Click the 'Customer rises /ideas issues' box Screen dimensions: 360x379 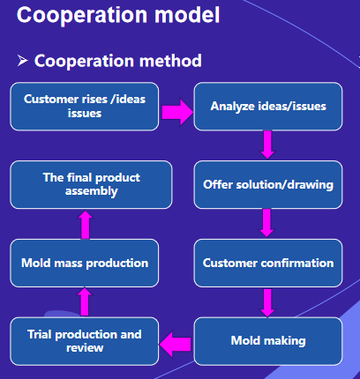85,107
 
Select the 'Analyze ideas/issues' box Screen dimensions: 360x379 268,107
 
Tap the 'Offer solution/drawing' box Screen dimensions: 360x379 268,184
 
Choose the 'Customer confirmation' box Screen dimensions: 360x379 268,263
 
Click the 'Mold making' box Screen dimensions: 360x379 268,341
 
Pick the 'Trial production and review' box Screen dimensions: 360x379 85,341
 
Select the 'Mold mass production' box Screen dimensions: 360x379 85,263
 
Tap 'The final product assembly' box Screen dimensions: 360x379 91,184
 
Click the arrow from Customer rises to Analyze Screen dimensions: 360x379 177,112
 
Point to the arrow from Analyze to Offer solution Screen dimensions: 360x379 267,145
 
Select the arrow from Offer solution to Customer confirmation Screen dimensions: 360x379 266,223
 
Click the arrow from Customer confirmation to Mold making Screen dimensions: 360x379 267,302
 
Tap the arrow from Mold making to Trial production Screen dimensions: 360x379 176,344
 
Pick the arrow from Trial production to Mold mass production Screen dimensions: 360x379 85,301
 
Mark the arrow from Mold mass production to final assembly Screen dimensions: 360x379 85,225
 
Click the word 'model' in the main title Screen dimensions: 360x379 187,15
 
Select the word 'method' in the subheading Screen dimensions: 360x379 170,61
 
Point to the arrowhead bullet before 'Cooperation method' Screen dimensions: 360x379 23,61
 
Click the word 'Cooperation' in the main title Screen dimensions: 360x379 82,15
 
